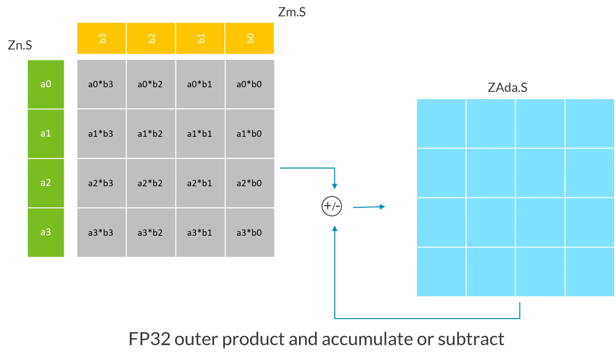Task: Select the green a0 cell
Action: pos(46,84)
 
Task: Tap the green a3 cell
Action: pos(46,232)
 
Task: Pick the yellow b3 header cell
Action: pos(102,38)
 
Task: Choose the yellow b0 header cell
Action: pos(250,38)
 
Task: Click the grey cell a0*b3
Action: pos(102,84)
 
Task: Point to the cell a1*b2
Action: pos(151,134)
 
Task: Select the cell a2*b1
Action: pos(200,183)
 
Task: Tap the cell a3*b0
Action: pos(250,232)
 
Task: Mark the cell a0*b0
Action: pos(250,84)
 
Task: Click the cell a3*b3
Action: pos(102,232)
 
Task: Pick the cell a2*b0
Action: pos(250,183)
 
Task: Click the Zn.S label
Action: pos(20,46)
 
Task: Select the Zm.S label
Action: pos(292,11)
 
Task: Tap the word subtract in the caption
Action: pos(471,339)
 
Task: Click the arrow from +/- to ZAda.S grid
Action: pos(368,207)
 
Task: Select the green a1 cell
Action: pos(46,133)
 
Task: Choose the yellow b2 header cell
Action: pos(151,38)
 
